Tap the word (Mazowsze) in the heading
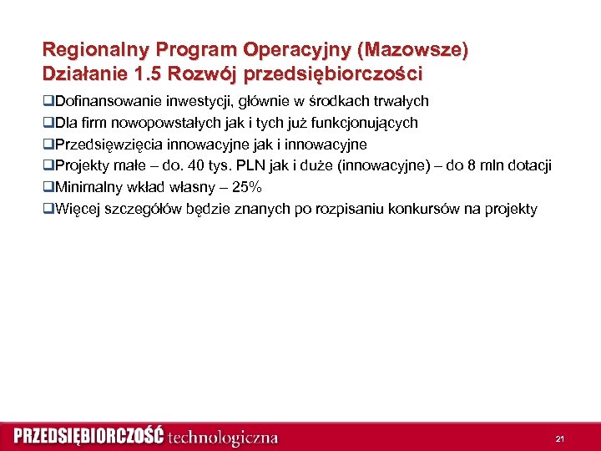pos(412,50)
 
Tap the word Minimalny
pos(86,188)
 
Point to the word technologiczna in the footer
pos(223,437)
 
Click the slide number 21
pos(559,438)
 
